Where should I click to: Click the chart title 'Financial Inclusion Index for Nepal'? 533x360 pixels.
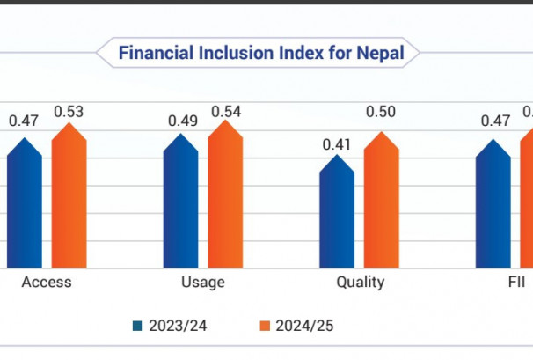(261, 54)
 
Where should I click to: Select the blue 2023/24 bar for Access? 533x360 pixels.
(25, 207)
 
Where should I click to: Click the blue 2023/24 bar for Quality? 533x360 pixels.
(337, 220)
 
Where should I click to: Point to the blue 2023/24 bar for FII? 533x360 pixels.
(493, 207)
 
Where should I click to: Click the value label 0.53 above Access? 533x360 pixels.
(69, 111)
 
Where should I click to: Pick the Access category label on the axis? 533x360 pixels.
(46, 283)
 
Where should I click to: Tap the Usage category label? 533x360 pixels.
(202, 283)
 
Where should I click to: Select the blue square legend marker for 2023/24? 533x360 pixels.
(137, 326)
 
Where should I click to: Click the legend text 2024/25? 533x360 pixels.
(304, 326)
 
